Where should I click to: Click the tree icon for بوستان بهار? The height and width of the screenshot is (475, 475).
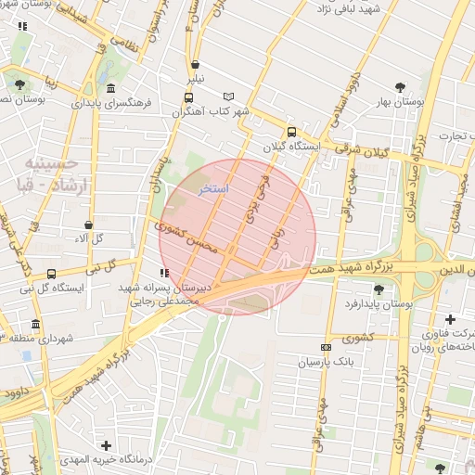[x=400, y=88]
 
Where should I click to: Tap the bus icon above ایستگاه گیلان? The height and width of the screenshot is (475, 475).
[x=292, y=132]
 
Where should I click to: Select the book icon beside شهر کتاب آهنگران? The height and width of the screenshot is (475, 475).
[x=229, y=96]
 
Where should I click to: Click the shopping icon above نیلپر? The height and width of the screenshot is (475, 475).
[x=195, y=66]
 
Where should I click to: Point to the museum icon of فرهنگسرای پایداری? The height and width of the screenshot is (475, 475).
[x=111, y=88]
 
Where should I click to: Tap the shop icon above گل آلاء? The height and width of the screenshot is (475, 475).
[x=89, y=225]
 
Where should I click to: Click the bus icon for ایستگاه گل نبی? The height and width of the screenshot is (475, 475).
[x=51, y=274]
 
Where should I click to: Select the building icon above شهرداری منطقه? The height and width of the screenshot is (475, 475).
[x=35, y=325]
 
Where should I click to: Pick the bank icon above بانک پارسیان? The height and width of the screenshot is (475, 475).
[x=325, y=347]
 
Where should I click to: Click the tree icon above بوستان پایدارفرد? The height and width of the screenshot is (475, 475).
[x=379, y=289]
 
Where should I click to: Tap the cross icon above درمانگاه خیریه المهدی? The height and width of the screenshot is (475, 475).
[x=107, y=446]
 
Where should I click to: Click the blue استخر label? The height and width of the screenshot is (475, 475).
[x=214, y=188]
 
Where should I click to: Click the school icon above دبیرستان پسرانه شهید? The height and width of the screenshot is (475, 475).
[x=164, y=274]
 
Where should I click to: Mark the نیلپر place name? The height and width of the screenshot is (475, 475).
[x=193, y=80]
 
